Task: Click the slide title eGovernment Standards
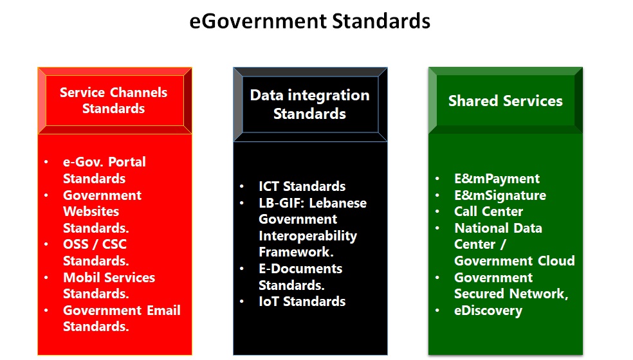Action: (309, 21)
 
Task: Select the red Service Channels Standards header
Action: (115, 100)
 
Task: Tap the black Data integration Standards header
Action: (310, 105)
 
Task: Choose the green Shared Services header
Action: (506, 100)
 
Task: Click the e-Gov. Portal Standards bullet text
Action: (104, 170)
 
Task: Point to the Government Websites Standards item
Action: (102, 212)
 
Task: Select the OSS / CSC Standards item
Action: (96, 252)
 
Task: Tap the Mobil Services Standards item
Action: (109, 285)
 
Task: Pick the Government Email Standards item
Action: (122, 318)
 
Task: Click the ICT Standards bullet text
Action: (302, 186)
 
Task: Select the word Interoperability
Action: (307, 236)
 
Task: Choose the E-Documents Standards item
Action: (300, 277)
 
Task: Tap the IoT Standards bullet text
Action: (302, 301)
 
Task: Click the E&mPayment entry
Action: (497, 178)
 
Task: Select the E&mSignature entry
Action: (500, 195)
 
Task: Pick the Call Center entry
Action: (488, 211)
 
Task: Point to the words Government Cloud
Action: (515, 261)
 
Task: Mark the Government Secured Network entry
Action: (511, 285)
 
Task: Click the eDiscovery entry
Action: (488, 310)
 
